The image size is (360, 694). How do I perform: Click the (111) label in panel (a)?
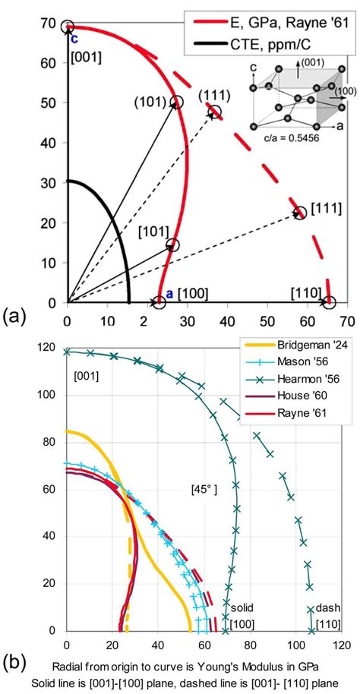coord(214,95)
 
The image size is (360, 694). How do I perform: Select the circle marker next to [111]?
coord(300,213)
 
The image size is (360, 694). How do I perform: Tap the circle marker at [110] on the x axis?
coord(329,303)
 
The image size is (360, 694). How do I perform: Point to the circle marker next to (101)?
coord(177,103)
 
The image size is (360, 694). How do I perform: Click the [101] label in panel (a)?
coord(153,231)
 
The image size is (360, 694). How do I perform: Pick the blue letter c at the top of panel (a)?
coord(74,39)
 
